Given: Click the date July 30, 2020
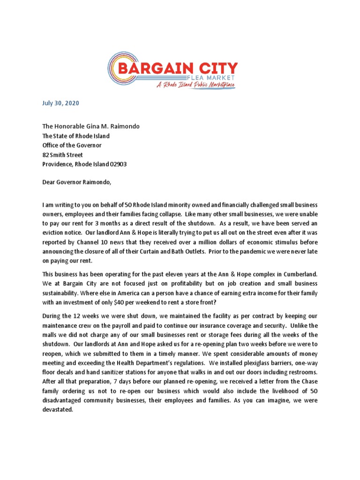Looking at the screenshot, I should coord(60,103).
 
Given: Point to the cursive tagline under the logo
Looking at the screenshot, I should coord(195,85).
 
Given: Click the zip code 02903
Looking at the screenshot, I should coord(118,165).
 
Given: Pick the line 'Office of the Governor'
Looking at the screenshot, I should coord(72,145).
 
